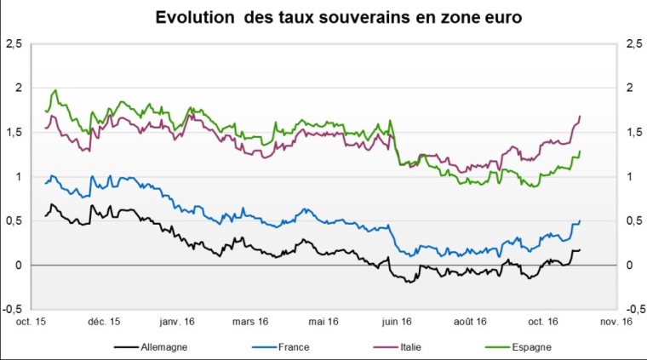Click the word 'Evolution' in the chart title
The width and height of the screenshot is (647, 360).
[192, 17]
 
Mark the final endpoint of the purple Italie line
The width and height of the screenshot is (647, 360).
[580, 116]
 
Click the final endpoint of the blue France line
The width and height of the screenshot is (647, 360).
[580, 221]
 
